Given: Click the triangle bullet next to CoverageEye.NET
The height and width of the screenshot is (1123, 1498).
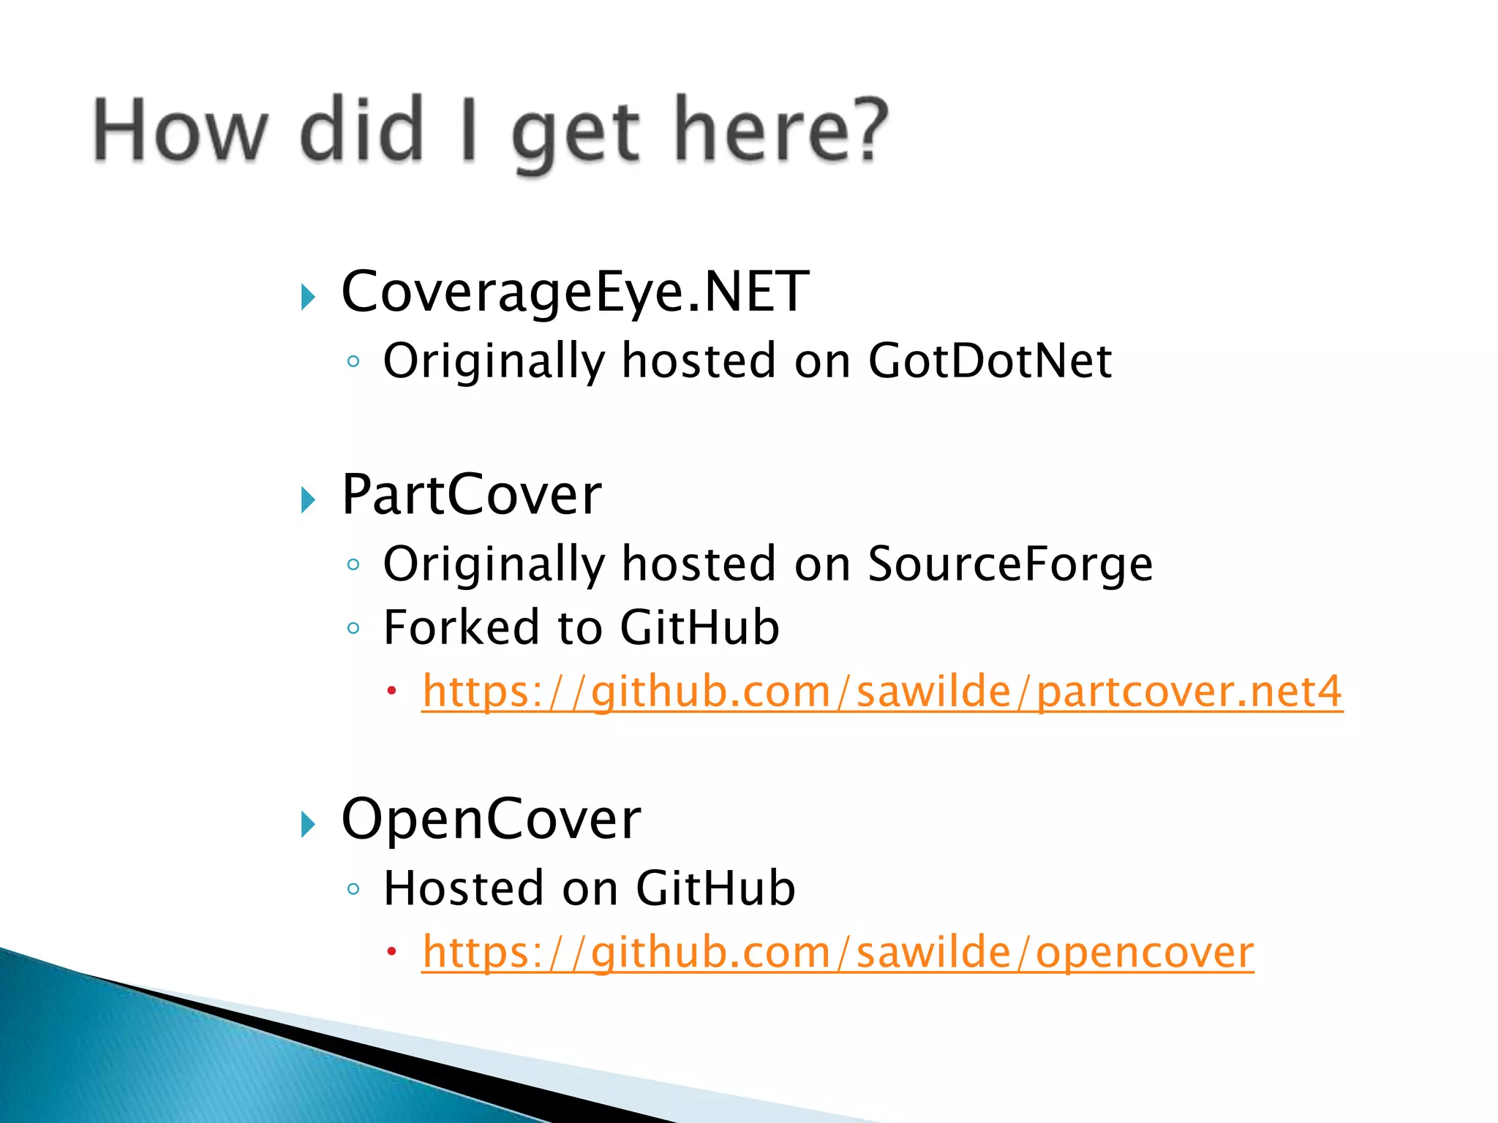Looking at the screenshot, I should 308,297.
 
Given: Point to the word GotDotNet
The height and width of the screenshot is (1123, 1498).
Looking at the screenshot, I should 990,361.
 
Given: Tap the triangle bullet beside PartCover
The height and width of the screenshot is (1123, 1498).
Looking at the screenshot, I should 308,500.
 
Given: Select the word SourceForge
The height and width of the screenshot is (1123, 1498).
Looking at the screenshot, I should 1009,564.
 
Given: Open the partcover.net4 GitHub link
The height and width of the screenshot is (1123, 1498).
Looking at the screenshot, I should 881,692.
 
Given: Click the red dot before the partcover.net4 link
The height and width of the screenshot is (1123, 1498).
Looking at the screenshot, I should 392,690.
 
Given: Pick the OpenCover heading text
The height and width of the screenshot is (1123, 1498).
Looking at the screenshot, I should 491,819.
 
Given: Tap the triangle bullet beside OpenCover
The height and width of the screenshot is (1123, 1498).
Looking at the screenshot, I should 308,825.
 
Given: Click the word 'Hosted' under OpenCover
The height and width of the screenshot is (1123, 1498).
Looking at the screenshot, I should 464,888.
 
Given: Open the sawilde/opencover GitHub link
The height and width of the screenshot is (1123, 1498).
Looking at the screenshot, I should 838,953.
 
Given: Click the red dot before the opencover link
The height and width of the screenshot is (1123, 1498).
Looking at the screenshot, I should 392,951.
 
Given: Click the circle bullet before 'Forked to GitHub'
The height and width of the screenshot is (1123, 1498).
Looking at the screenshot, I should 354,628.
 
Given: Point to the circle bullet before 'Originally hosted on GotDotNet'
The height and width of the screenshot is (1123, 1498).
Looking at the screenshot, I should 354,361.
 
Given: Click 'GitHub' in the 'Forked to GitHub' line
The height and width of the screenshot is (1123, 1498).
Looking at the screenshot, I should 699,627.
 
